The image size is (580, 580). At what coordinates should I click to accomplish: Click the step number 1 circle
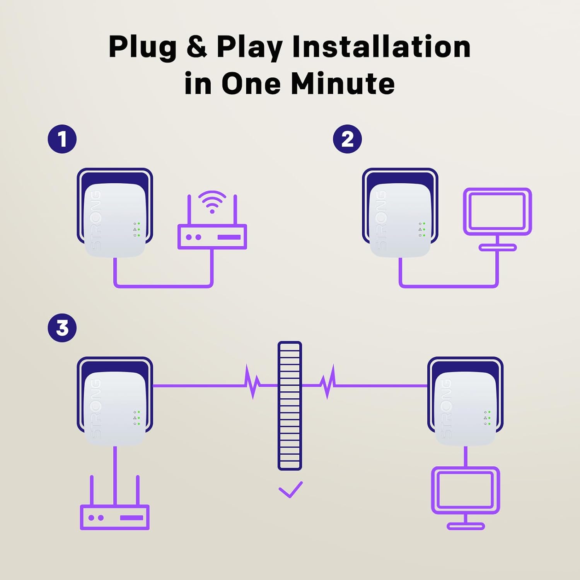[62, 139]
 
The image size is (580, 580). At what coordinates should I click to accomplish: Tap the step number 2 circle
[347, 139]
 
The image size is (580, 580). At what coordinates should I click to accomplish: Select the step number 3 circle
[62, 328]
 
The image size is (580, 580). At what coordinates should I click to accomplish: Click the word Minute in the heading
[343, 84]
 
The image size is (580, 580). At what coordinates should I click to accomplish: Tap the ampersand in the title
[196, 47]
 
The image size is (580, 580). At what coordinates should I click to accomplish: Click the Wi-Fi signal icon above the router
[212, 201]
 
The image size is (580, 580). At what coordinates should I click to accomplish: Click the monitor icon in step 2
[497, 217]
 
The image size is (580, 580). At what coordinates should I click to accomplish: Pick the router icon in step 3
[114, 517]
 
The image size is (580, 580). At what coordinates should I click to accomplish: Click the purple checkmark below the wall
[290, 490]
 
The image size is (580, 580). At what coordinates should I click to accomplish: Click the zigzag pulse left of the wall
[253, 382]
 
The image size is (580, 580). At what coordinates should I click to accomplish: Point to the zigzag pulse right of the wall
[328, 382]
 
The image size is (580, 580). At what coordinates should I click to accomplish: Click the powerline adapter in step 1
[115, 218]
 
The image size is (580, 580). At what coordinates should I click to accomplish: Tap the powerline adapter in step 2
[400, 218]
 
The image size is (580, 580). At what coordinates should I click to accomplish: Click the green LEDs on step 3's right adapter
[489, 418]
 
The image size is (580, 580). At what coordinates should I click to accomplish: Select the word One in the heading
[251, 84]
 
